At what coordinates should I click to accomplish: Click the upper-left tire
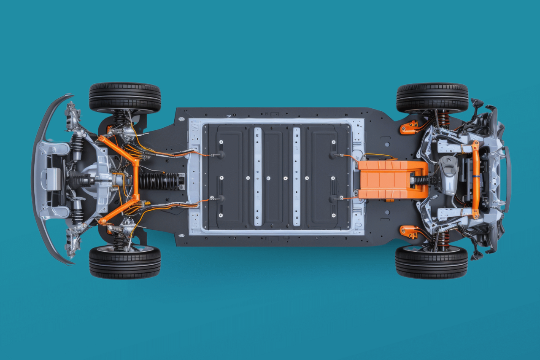pyautogui.click(x=125, y=97)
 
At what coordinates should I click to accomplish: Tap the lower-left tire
pyautogui.click(x=125, y=262)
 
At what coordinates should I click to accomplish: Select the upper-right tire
pyautogui.click(x=432, y=97)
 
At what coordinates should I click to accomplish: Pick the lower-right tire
pyautogui.click(x=431, y=262)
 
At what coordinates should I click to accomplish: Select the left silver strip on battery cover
pyautogui.click(x=258, y=177)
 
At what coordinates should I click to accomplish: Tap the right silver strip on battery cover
pyautogui.click(x=297, y=177)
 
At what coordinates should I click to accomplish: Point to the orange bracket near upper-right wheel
pyautogui.click(x=408, y=127)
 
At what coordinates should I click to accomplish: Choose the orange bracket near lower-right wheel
pyautogui.click(x=408, y=231)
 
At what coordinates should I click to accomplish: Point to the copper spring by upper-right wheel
pyautogui.click(x=443, y=119)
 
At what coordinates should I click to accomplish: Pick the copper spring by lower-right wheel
pyautogui.click(x=442, y=240)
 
